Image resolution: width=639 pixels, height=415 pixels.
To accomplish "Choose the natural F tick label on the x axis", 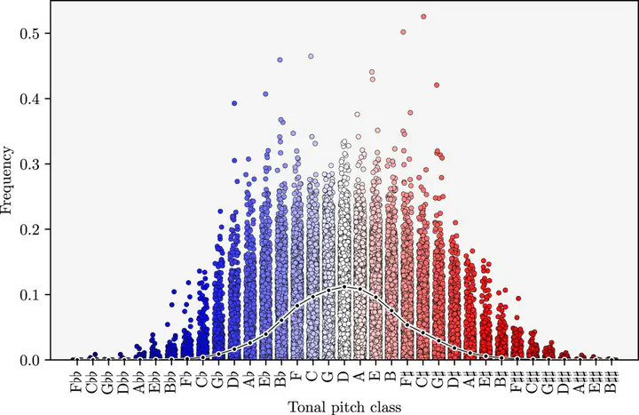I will (x=296, y=377).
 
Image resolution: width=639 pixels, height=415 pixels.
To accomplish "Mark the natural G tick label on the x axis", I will (x=327, y=377).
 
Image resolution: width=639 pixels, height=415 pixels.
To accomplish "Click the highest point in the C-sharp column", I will (x=423, y=17).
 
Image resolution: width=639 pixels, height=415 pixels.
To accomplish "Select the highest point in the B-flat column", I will (x=280, y=60).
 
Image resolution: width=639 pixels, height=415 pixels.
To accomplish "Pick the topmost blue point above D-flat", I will (x=234, y=103).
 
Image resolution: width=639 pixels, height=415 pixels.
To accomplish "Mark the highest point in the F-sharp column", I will (x=404, y=32).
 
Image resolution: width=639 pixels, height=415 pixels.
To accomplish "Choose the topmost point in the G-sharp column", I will (x=437, y=85).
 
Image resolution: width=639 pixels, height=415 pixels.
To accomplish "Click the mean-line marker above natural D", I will (x=343, y=287).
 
